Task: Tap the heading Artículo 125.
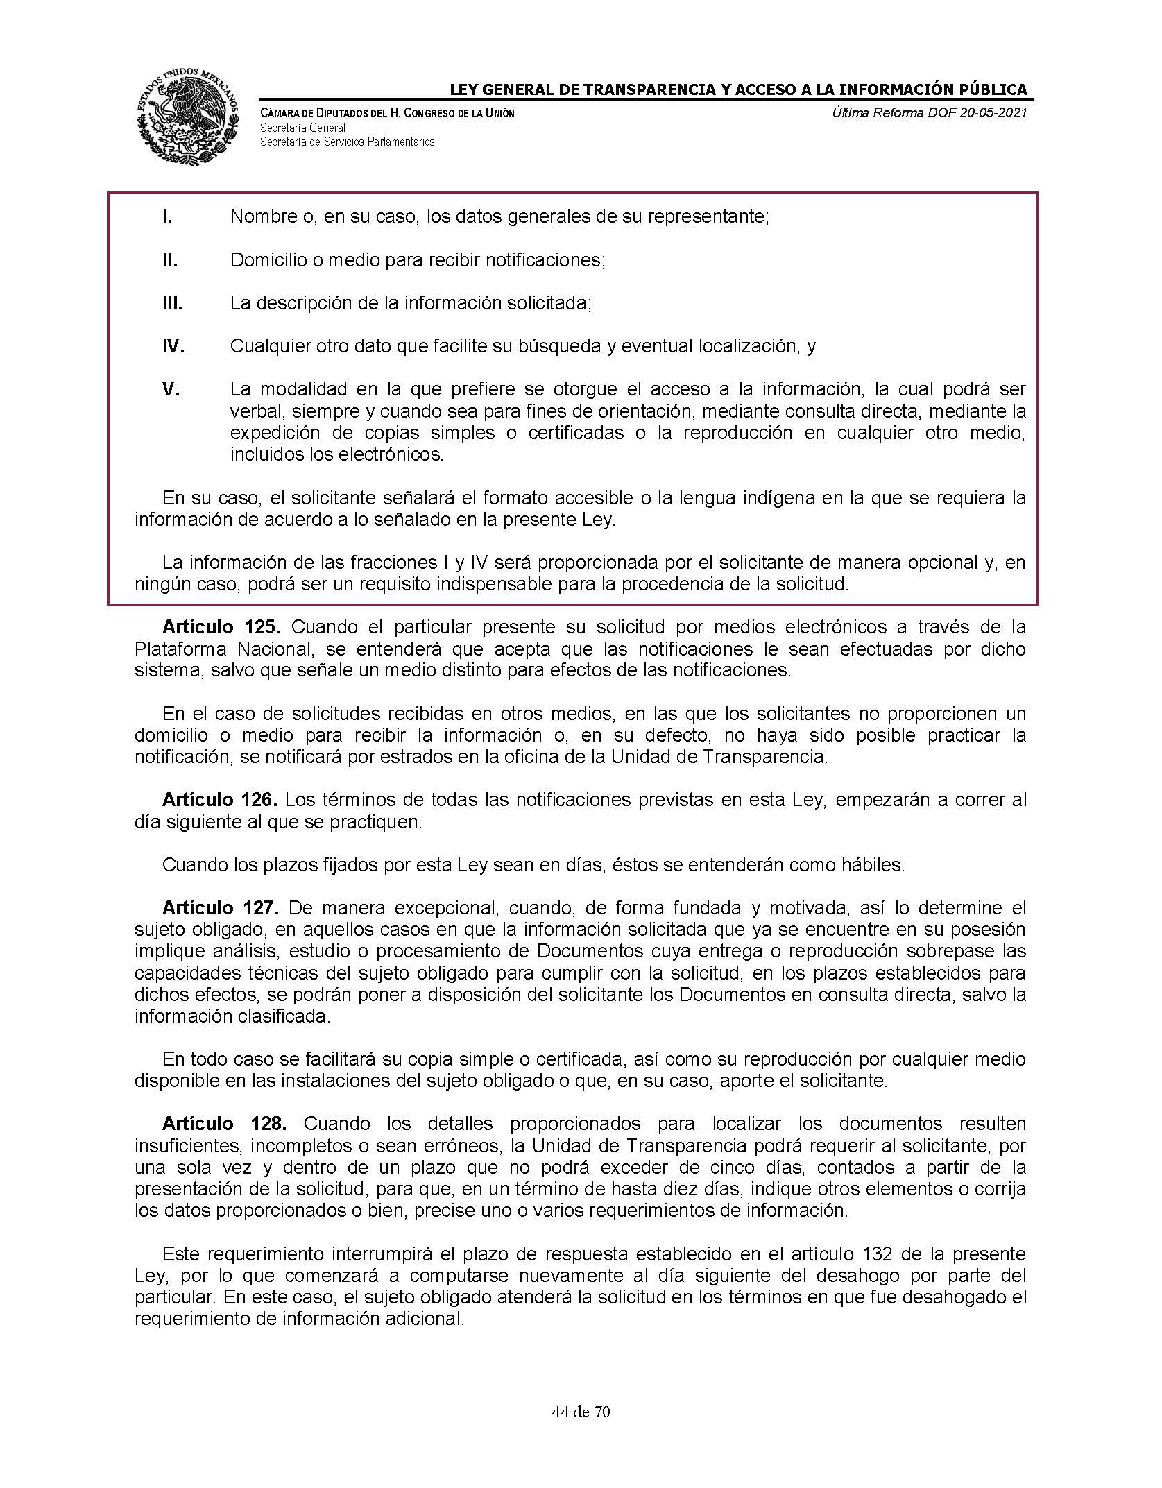coord(221,627)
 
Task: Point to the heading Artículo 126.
coord(220,800)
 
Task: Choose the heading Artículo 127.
coord(220,907)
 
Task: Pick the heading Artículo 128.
coord(220,1123)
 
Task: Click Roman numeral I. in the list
coord(166,216)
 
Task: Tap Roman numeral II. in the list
coord(170,260)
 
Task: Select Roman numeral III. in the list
coord(172,303)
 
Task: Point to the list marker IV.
coord(173,346)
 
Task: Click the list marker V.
coord(171,389)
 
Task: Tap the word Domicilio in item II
coord(265,260)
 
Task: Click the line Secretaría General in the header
coord(302,128)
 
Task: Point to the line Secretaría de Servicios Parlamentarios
coord(347,142)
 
